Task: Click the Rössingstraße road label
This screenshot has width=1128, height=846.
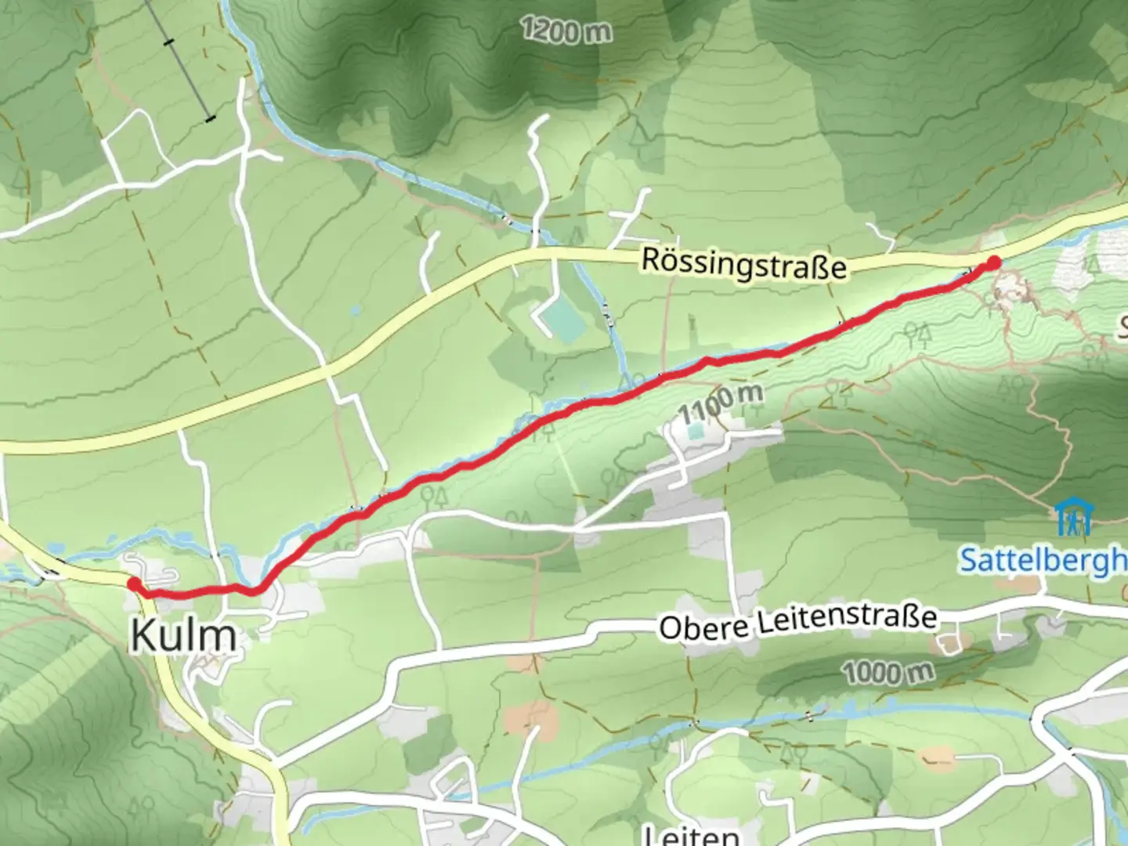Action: point(743,264)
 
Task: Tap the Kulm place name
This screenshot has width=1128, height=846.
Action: point(183,635)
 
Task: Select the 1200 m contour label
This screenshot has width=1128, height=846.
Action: point(566,31)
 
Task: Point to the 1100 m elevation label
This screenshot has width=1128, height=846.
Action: point(721,401)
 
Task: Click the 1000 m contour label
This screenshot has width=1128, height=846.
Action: point(888,672)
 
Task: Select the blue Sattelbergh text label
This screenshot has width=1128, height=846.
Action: point(1042,561)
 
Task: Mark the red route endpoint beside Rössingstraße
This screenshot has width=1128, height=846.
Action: point(993,263)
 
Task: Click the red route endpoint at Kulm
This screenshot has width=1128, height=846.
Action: point(134,584)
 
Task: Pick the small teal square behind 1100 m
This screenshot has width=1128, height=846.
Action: point(695,431)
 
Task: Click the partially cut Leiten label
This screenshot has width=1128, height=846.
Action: point(689,835)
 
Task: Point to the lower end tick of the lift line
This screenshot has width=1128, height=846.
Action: point(210,119)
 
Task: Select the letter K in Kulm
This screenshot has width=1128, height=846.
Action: point(144,635)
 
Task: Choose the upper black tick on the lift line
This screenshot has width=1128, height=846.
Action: point(168,42)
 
